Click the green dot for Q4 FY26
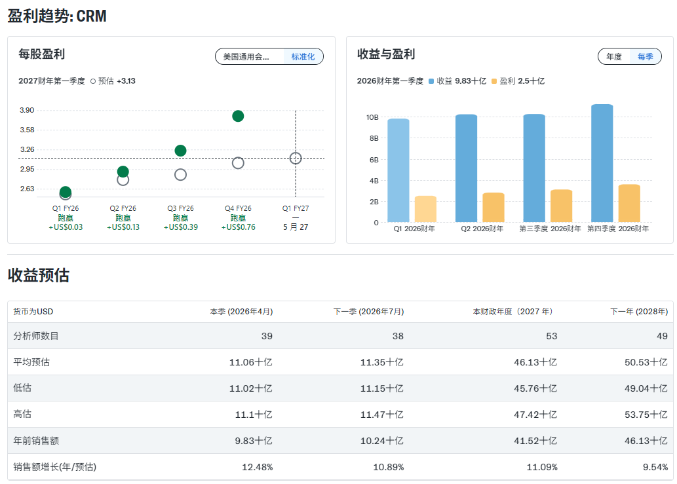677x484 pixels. (238, 116)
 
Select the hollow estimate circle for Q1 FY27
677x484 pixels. (296, 158)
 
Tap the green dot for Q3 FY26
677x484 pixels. (180, 151)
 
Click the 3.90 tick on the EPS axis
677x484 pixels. (27, 110)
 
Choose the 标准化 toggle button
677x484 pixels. (303, 57)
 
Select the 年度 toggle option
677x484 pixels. (614, 57)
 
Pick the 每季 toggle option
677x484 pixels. (645, 57)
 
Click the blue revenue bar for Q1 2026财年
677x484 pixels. (398, 170)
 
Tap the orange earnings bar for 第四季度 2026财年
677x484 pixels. (629, 203)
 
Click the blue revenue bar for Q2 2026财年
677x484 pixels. (466, 168)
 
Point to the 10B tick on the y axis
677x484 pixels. (372, 117)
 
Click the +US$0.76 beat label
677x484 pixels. (238, 227)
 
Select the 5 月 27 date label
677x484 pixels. (296, 227)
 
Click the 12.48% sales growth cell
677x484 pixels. (256, 467)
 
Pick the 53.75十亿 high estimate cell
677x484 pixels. (646, 415)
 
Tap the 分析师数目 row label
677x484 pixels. (36, 336)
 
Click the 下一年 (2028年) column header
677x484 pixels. (639, 312)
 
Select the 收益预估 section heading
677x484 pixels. (38, 276)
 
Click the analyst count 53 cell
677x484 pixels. (551, 336)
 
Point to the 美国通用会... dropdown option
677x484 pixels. (246, 57)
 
